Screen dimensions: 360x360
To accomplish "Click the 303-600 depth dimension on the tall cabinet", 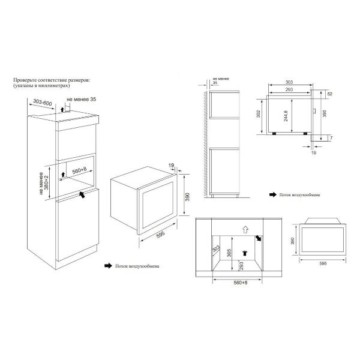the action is coord(43,103).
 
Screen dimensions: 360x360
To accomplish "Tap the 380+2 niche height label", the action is coord(47,182).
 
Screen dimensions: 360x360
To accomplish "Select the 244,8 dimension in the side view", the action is coord(286,116).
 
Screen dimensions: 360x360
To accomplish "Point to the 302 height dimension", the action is coord(258,114).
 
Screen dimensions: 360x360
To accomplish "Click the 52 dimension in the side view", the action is coord(330,94).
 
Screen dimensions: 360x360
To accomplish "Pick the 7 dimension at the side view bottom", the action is coord(331,138).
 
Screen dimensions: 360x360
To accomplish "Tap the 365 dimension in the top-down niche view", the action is coord(229,253).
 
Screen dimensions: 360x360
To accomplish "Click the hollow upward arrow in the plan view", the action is coord(245,230).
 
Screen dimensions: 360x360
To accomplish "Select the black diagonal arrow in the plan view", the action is coord(258,238).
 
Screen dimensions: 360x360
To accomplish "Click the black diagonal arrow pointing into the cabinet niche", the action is coord(82,194).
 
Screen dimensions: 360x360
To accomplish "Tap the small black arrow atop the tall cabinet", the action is coord(62,109).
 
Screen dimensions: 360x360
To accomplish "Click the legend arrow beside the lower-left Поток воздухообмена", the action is coord(109,266).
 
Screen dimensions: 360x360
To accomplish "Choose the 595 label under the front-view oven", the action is coord(323,263).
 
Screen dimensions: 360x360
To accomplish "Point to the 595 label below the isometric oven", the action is coord(160,235).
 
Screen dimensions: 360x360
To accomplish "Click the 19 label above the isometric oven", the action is coord(171,166).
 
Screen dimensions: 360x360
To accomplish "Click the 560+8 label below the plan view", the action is coord(241,283).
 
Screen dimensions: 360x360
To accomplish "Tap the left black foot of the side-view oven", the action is coord(274,133).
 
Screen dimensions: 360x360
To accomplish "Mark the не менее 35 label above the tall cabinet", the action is coord(82,100).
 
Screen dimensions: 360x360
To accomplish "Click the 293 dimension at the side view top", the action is coord(289,89).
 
